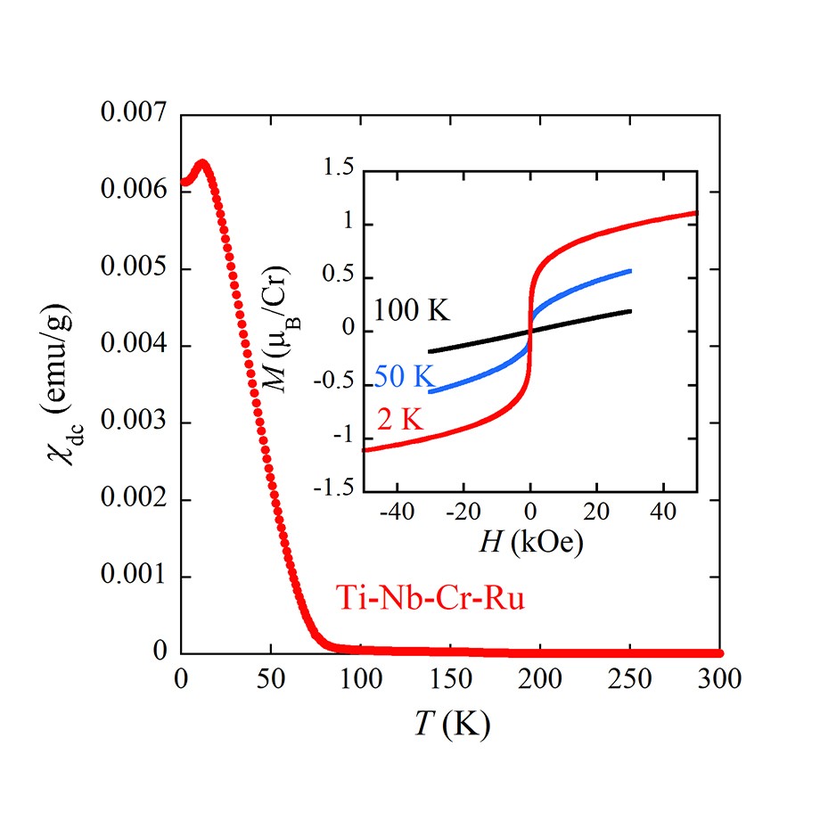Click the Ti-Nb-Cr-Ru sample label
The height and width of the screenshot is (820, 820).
(430, 596)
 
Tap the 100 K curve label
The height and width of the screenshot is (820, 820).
(413, 311)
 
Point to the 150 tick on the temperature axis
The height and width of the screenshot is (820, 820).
(450, 679)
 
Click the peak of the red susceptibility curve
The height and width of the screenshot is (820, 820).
(202, 164)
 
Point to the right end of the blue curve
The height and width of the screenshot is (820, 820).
(630, 270)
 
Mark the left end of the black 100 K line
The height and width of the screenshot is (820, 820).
(430, 352)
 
